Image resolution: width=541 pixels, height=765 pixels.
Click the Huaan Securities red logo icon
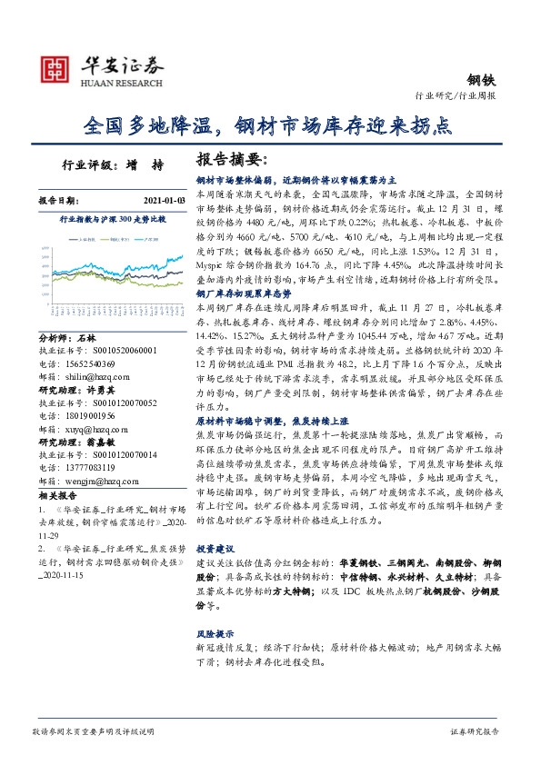click(55, 70)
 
